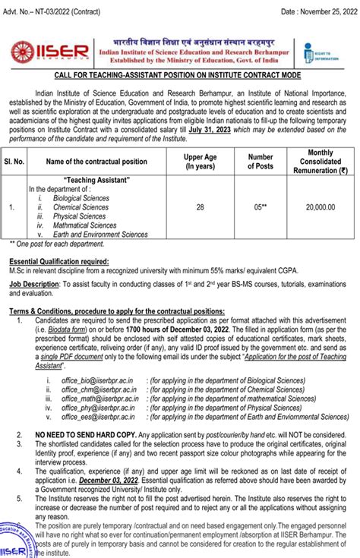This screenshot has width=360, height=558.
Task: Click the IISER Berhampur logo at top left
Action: click(39, 50)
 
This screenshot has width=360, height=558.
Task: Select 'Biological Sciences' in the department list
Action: click(81, 197)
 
